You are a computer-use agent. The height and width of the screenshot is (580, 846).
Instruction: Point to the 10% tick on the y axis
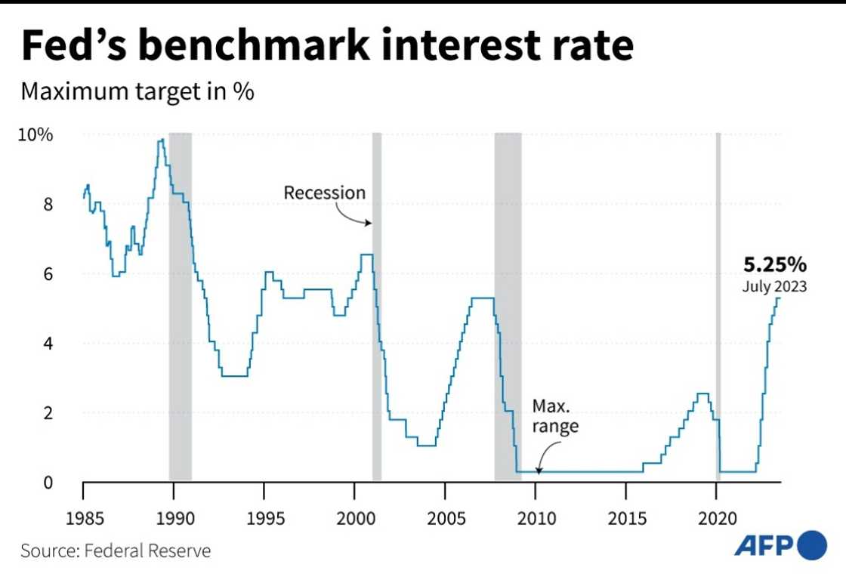[x=36, y=136]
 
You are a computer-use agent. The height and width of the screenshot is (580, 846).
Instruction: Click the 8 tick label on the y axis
[x=47, y=205]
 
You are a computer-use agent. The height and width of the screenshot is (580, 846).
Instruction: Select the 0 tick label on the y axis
[x=47, y=483]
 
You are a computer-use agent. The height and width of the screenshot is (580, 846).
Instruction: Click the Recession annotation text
[x=324, y=193]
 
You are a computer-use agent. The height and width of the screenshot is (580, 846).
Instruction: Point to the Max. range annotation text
[x=555, y=415]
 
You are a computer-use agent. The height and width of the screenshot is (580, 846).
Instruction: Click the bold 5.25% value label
[x=775, y=265]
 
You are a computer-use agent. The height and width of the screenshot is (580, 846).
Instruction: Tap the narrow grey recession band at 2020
[x=718, y=340]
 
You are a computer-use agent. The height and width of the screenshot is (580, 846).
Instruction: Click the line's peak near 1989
[x=161, y=140]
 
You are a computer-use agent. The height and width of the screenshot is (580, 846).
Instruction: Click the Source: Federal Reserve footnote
[x=116, y=550]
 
